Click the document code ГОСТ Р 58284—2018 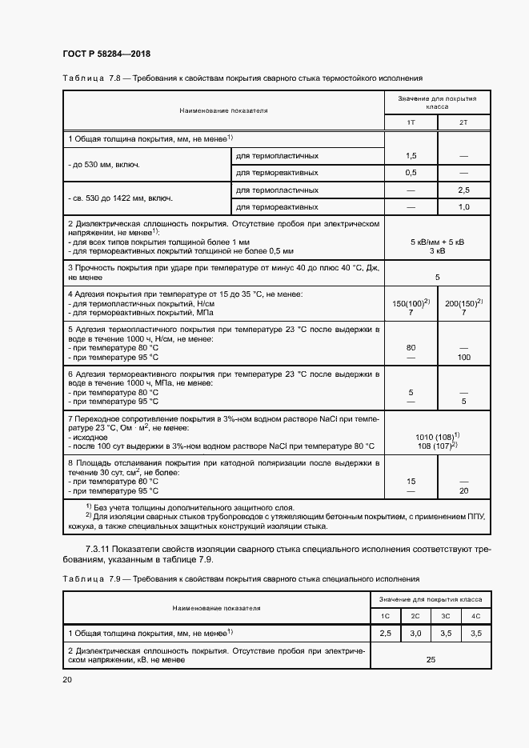(x=106, y=54)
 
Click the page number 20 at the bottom (x=67, y=679)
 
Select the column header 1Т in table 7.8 (x=411, y=122)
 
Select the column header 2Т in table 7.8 (x=463, y=122)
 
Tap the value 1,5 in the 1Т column (x=411, y=155)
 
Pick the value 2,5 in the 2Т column (x=463, y=190)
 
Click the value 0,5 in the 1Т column (x=411, y=172)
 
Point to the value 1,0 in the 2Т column (x=463, y=206)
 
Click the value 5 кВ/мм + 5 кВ (x=437, y=241)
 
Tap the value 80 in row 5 (x=411, y=348)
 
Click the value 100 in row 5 (x=463, y=357)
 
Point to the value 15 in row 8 (x=411, y=481)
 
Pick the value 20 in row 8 (x=463, y=490)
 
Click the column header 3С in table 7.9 (x=446, y=616)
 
